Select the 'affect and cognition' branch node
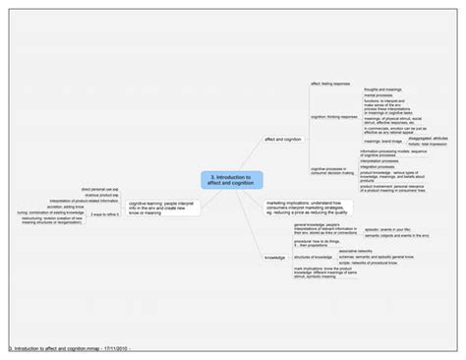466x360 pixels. tap(283, 140)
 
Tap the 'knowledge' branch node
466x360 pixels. tap(274, 258)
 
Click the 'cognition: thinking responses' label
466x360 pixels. tap(333, 115)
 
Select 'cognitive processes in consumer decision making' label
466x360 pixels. tap(329, 171)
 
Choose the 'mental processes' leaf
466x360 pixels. tap(377, 96)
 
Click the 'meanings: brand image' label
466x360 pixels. tap(379, 141)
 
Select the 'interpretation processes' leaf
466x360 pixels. tap(379, 160)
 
